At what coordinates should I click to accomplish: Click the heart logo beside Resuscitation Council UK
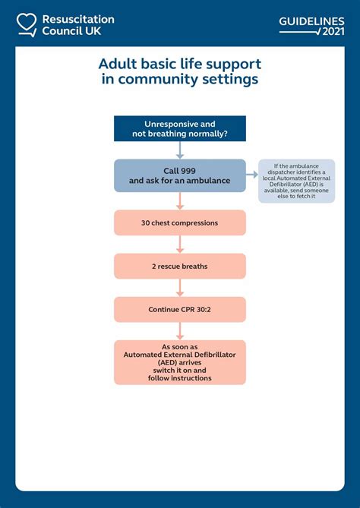27,24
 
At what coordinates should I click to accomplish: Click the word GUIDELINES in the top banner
311,21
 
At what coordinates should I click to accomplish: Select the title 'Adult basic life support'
180,64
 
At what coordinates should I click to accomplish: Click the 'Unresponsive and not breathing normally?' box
180,128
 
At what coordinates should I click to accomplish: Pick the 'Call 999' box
180,175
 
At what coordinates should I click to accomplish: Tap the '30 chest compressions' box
180,222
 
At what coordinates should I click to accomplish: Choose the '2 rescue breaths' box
180,266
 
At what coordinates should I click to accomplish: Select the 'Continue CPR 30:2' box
180,309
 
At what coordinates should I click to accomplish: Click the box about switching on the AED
180,361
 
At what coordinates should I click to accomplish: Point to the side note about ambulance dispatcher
296,181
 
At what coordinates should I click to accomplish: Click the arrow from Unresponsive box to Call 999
180,150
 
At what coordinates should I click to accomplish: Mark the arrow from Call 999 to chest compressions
180,200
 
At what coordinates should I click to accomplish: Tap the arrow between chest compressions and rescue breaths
180,244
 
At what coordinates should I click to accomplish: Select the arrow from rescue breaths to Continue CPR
180,287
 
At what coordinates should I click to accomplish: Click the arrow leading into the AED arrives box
180,331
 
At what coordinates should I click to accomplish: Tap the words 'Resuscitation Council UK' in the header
78,24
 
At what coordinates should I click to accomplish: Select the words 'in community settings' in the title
180,80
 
